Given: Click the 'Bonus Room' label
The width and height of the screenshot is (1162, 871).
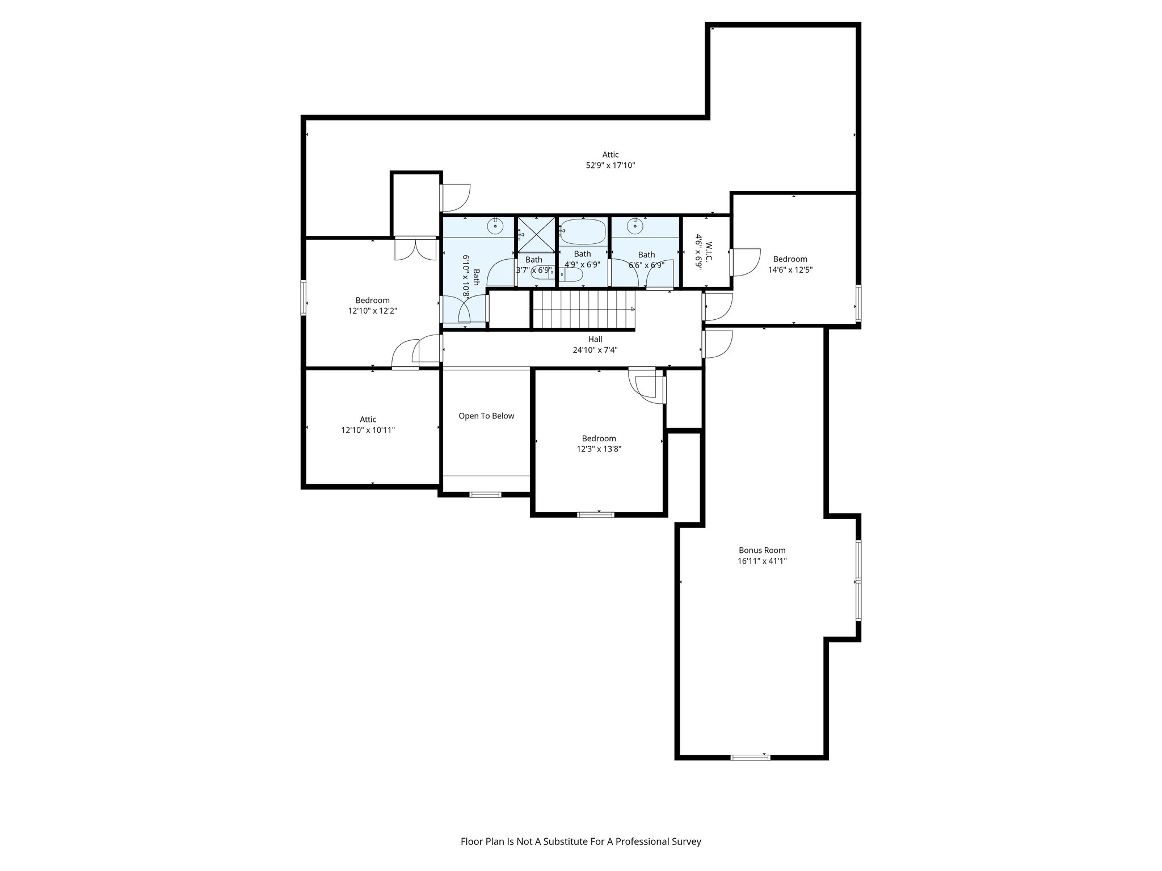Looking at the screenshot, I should (x=761, y=550).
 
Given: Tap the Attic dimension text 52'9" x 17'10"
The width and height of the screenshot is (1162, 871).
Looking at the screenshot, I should (x=610, y=166).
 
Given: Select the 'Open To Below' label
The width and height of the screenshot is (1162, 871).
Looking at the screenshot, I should (x=486, y=416).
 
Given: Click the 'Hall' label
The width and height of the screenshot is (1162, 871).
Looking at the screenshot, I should (x=595, y=339).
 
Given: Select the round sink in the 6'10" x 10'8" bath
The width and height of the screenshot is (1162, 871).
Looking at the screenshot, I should (x=496, y=226).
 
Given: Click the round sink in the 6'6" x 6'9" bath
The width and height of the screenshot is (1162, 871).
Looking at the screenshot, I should (x=635, y=227).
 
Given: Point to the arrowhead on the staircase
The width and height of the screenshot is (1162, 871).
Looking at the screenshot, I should (x=631, y=309).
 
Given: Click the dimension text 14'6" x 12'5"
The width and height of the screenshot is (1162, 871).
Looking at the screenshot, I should (x=790, y=270).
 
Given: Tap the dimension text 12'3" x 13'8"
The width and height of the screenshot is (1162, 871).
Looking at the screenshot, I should (x=599, y=449).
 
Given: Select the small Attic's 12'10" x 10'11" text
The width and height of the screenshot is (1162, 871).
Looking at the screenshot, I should (x=368, y=430).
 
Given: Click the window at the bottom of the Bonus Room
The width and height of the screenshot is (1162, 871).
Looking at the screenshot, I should (x=750, y=757).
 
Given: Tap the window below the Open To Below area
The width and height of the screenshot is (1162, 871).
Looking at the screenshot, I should (x=486, y=494).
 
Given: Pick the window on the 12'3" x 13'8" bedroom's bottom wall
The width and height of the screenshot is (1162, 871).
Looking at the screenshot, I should (x=595, y=514).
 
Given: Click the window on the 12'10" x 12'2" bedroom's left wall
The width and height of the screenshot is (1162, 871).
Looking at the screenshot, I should (x=304, y=297).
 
